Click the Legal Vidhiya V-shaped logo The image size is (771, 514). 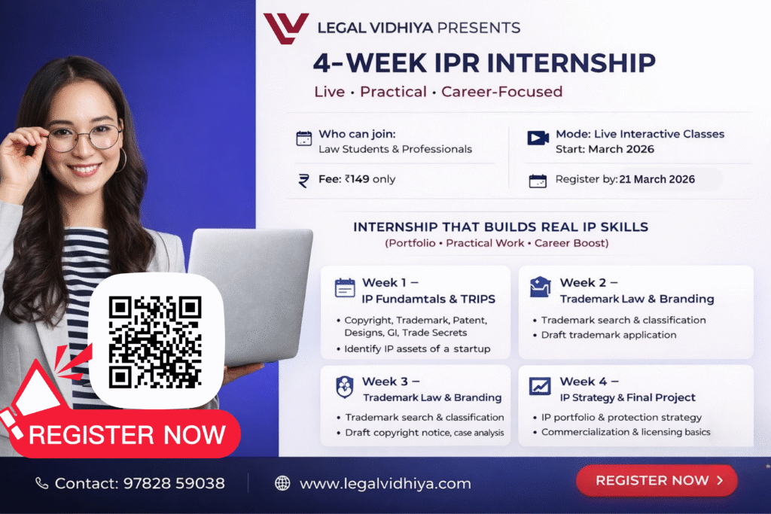[x=285, y=28]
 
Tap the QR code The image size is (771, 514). [x=155, y=342]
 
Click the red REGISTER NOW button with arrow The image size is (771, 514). [x=657, y=480]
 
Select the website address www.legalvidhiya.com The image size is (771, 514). [x=385, y=484]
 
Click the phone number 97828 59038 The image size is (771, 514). [x=174, y=484]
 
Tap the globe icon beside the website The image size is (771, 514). [x=282, y=483]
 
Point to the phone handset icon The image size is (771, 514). [x=42, y=484]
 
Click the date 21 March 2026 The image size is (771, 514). [x=657, y=179]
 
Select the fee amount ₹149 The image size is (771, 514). [x=357, y=179]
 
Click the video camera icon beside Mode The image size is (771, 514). [x=538, y=138]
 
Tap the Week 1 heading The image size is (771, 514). [x=390, y=282]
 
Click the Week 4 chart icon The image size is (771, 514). [x=540, y=386]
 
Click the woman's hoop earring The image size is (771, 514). [x=121, y=161]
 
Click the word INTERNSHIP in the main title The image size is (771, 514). [x=571, y=63]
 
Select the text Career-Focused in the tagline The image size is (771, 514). [x=501, y=91]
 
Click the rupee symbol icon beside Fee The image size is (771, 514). [x=304, y=181]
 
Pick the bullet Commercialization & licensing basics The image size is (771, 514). [x=626, y=432]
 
